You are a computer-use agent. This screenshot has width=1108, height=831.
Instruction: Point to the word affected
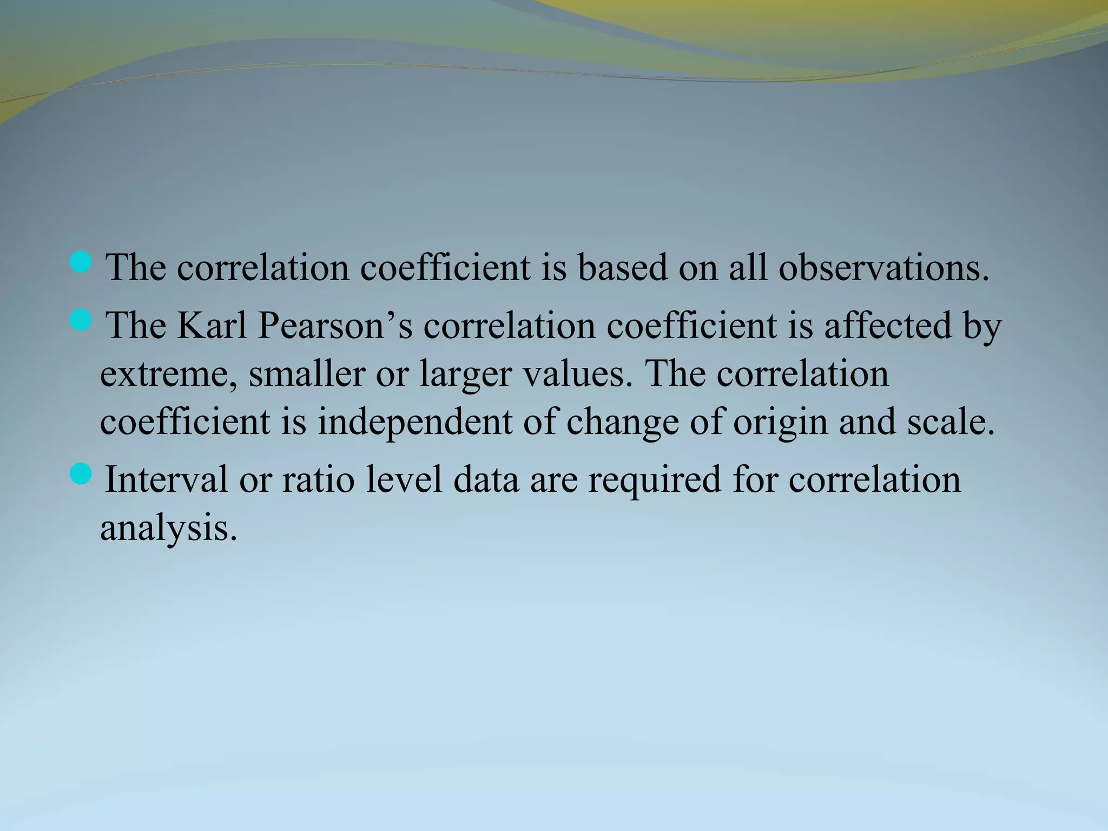coord(887,326)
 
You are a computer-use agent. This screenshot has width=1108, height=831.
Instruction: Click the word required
coord(655,480)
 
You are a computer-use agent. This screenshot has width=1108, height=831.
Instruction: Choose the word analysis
coord(168,528)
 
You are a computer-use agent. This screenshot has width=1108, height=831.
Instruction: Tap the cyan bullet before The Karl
coord(81,320)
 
